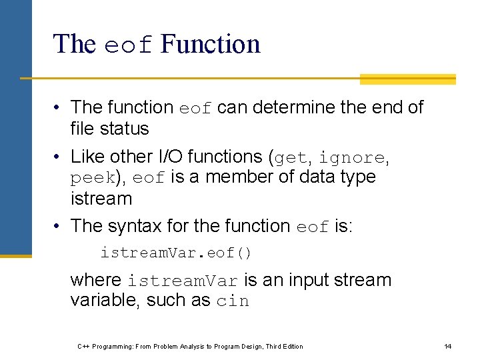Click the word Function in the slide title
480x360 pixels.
click(x=211, y=45)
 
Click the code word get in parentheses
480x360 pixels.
click(x=291, y=158)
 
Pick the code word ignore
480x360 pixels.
click(x=351, y=158)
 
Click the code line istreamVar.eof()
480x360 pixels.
click(x=176, y=253)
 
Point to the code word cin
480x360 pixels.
click(x=233, y=301)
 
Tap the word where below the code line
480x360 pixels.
click(x=96, y=280)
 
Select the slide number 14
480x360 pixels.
click(x=448, y=346)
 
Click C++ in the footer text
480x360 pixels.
click(x=84, y=346)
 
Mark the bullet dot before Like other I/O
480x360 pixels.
click(x=59, y=157)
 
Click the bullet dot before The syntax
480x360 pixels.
click(x=59, y=227)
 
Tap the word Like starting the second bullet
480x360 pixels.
click(x=86, y=157)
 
